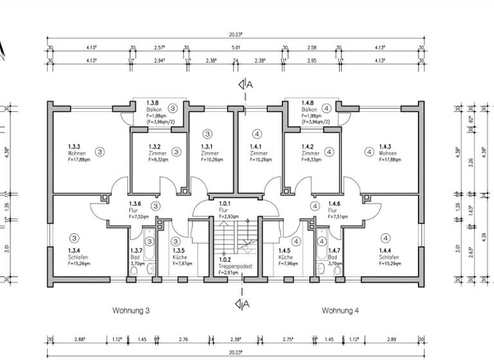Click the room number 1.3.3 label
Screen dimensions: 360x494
[x=74, y=147]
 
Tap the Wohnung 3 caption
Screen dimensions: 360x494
[x=131, y=310]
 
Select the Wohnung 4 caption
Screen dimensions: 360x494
[x=340, y=310]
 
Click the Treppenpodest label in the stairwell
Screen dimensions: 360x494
[x=230, y=265]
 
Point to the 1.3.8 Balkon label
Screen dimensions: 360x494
[x=152, y=103]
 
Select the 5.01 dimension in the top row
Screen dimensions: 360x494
[x=235, y=48]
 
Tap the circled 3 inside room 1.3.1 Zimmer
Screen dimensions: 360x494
[x=207, y=134]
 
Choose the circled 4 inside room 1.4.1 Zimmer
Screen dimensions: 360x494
[x=257, y=134]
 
